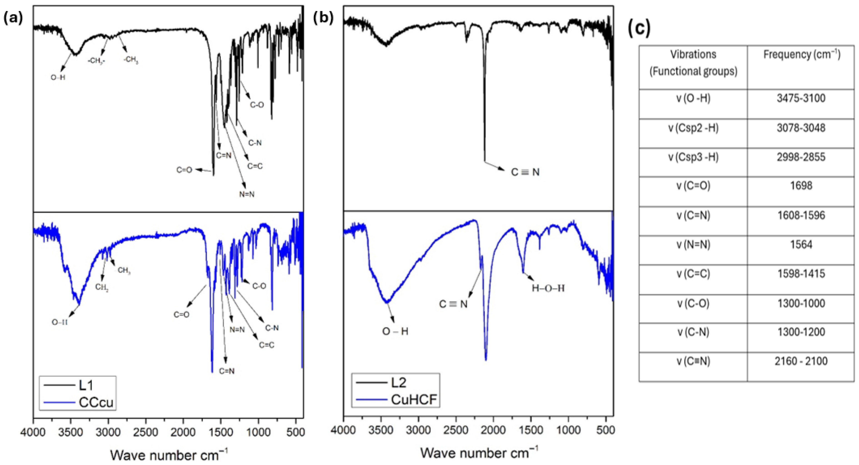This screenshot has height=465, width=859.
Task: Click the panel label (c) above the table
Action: coord(639,28)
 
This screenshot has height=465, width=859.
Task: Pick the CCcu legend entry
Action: coord(79,402)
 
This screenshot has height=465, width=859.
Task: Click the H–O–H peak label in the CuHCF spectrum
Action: coord(548,288)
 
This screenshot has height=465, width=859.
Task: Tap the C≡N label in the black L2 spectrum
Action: coord(525,172)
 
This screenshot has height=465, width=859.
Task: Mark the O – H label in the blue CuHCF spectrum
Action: coord(395,332)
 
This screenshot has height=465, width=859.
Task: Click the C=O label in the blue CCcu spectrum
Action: coord(181,314)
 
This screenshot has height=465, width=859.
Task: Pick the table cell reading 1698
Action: coord(801,186)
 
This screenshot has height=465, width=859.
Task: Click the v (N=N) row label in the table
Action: coord(693,244)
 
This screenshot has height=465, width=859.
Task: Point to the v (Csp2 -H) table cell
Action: coord(693,128)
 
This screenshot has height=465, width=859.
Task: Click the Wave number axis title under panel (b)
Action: coord(479,453)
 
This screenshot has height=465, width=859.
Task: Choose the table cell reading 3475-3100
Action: coord(801,98)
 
